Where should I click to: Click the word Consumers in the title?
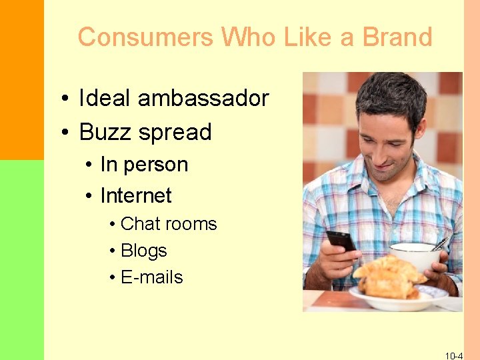(x=145, y=37)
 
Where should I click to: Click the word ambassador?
(x=203, y=99)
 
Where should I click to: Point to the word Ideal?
(x=105, y=99)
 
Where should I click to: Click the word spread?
(x=175, y=133)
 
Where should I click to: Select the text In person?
(x=144, y=165)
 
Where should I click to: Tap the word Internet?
(x=136, y=196)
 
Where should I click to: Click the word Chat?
(x=141, y=224)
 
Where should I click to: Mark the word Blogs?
(x=144, y=251)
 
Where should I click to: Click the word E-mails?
(x=152, y=277)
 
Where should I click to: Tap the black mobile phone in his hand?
(x=341, y=241)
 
